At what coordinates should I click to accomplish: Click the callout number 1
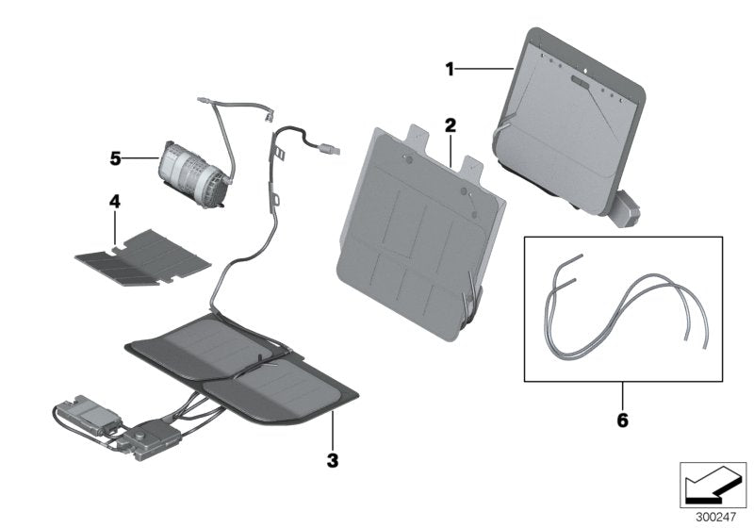[x=451, y=68]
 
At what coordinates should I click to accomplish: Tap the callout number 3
[x=331, y=461]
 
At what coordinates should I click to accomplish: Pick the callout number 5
[x=115, y=159]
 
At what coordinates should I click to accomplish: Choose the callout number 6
[x=621, y=418]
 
